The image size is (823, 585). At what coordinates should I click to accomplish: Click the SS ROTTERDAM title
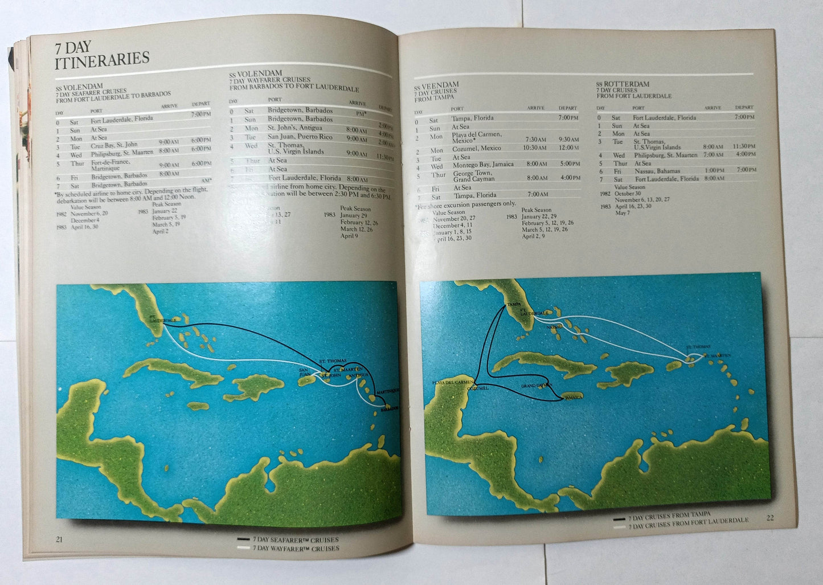pos(623,84)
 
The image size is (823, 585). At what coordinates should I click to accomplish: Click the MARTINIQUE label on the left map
pos(388,390)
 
